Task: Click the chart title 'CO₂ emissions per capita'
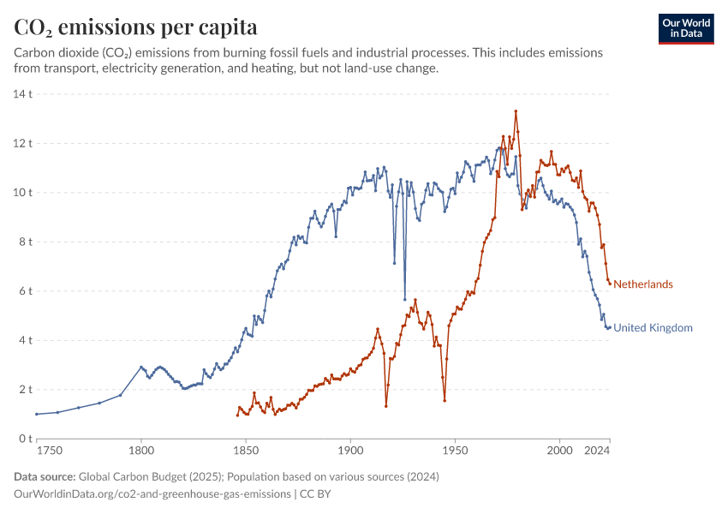click(135, 27)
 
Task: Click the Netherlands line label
click(643, 284)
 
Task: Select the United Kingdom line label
click(653, 328)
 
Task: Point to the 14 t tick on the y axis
click(22, 93)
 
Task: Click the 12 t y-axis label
click(22, 143)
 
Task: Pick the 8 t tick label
click(25, 242)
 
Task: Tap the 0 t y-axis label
click(25, 439)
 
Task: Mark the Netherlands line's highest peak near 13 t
click(516, 111)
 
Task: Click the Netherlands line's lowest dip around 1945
click(445, 400)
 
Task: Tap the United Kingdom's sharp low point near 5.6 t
click(404, 300)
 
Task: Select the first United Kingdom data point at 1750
click(37, 414)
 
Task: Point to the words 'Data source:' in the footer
click(44, 476)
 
